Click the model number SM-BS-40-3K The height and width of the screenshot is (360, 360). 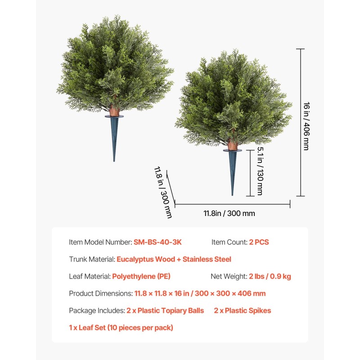click(157, 242)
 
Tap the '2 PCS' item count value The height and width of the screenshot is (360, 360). click(259, 242)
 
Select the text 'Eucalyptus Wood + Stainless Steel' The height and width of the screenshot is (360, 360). click(174, 259)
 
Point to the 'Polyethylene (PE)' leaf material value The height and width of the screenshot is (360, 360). click(141, 276)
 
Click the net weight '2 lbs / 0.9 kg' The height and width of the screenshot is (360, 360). click(270, 276)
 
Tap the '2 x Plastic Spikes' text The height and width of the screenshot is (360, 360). click(243, 310)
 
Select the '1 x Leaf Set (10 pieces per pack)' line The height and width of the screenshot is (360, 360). click(121, 328)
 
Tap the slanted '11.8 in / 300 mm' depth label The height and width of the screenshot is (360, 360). click(163, 192)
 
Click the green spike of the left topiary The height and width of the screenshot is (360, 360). click(114, 137)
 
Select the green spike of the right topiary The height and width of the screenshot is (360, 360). click(232, 173)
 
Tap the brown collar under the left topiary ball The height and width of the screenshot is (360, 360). click(114, 111)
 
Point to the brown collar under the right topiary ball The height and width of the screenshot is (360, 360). click(232, 145)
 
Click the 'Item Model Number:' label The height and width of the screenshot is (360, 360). click(100, 242)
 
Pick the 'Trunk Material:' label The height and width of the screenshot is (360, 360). click(92, 259)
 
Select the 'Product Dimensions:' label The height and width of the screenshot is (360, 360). click(101, 293)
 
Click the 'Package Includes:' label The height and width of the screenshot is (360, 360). click(97, 310)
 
